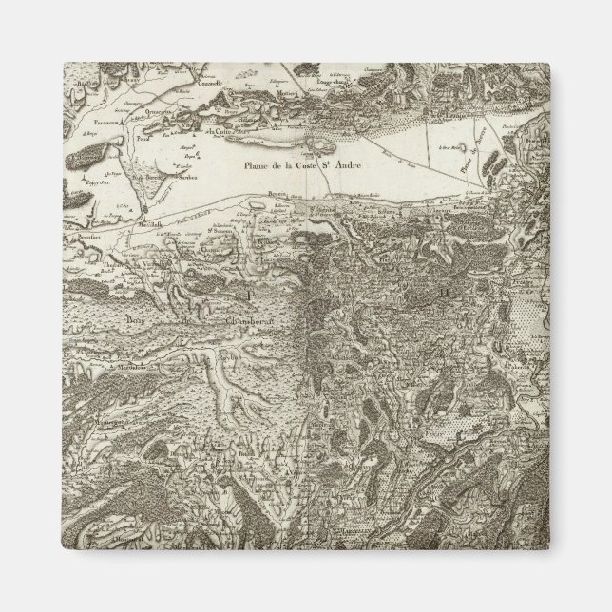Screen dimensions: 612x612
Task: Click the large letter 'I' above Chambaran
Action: point(249,296)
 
